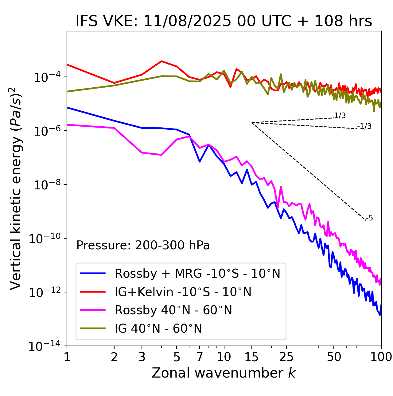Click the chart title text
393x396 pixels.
[x=224, y=22]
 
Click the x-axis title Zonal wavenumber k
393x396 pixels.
[x=224, y=373]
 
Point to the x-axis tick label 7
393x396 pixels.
[x=200, y=357]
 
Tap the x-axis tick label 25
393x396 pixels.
[x=286, y=357]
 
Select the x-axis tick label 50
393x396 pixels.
[x=334, y=357]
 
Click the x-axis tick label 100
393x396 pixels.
[x=381, y=357]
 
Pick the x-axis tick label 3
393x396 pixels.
[x=142, y=357]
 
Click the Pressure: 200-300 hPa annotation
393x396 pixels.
[x=143, y=245]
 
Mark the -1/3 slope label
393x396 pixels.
[x=364, y=126]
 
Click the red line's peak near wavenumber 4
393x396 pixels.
[x=161, y=61]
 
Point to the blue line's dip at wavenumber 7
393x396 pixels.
[x=200, y=161]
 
